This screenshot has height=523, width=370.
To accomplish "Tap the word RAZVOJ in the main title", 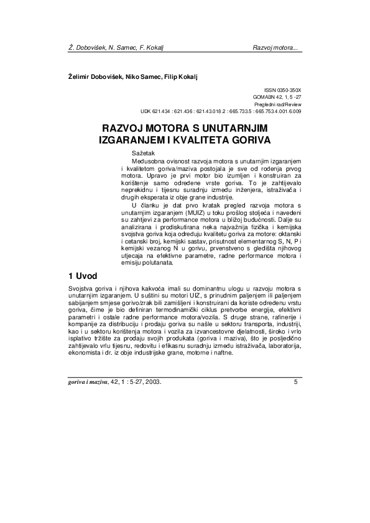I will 124,128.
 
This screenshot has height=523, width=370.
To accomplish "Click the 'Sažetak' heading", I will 142,152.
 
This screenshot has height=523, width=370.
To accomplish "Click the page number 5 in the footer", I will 295,382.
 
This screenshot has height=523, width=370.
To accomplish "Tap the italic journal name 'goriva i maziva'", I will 89,382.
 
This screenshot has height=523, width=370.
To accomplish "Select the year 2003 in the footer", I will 151,382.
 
